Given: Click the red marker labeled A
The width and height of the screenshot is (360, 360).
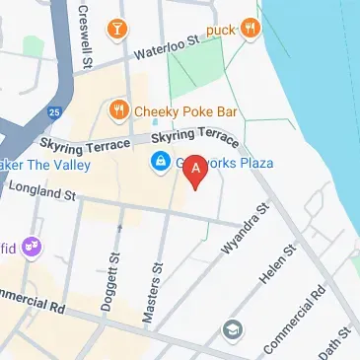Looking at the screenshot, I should click(x=196, y=171).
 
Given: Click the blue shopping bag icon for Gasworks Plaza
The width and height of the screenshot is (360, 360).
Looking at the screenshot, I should click(x=158, y=162).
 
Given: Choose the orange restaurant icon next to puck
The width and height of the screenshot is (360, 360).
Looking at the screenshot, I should click(x=251, y=28).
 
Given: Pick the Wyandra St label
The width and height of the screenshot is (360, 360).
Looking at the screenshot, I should click(x=246, y=231).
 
